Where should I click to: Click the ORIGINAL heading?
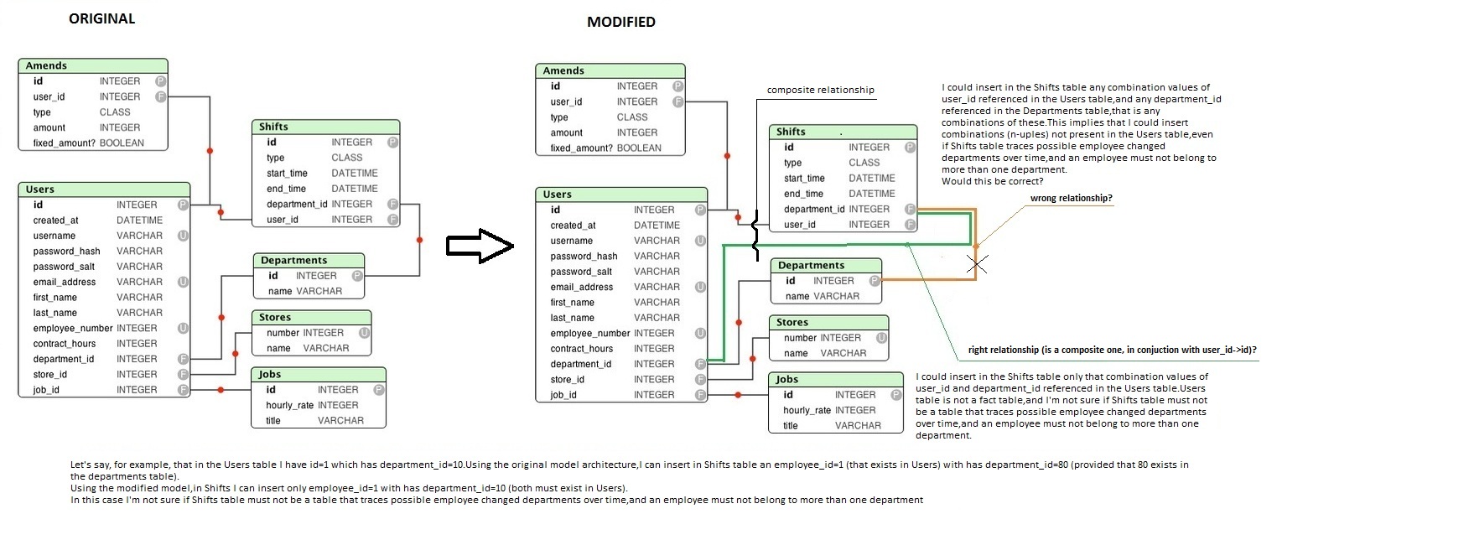pos(101,18)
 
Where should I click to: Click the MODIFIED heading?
pos(620,22)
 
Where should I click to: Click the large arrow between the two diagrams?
pos(480,246)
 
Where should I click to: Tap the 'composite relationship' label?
pos(820,90)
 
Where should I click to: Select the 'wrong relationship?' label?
pos(1071,199)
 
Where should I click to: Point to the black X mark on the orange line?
pos(976,264)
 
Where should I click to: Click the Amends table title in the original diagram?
pos(46,65)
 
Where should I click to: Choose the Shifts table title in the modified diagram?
pos(791,132)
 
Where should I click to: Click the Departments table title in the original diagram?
pos(293,260)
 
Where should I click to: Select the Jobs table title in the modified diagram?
pos(786,379)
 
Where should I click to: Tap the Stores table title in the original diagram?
pos(275,317)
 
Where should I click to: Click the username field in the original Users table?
pos(55,236)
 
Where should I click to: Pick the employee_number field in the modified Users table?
pos(589,333)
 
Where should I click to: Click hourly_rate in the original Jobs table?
pos(289,405)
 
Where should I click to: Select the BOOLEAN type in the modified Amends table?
pos(639,148)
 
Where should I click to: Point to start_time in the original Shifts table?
pos(287,173)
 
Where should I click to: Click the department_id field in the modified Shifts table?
pos(814,209)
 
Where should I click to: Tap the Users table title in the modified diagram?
pos(557,195)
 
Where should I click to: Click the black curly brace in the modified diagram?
pos(755,235)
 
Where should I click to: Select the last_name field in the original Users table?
pos(55,313)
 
